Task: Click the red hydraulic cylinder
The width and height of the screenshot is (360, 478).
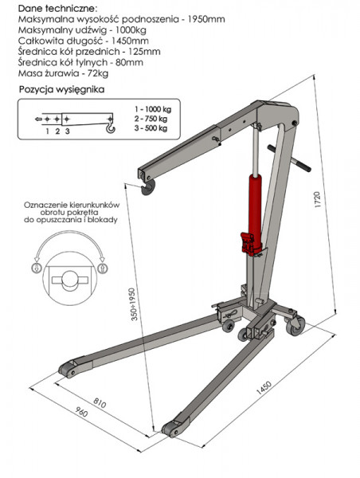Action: (x=255, y=210)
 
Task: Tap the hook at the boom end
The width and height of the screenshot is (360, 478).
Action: (x=148, y=187)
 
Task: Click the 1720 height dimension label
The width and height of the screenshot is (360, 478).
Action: (x=318, y=200)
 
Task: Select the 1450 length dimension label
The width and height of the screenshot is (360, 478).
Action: (x=264, y=387)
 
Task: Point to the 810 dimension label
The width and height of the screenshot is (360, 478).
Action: (x=100, y=402)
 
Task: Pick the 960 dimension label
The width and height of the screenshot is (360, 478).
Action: (x=81, y=412)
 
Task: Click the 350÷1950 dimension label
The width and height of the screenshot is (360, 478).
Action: (x=135, y=304)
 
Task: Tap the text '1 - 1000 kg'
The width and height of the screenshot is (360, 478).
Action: (x=153, y=109)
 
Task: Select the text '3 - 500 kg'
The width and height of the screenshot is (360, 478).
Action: (x=151, y=128)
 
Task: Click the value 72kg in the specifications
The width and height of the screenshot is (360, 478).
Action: (x=98, y=73)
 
